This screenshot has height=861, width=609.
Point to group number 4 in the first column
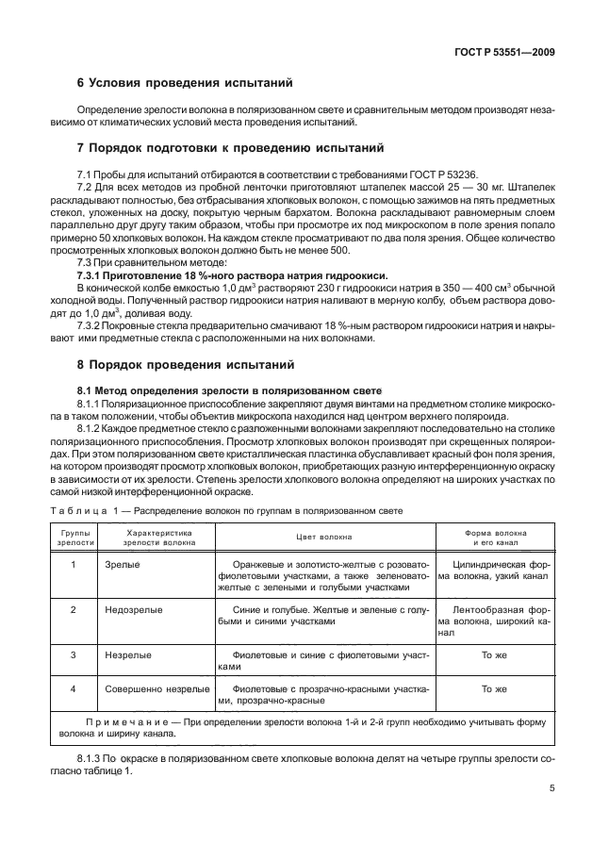pos(74,689)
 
